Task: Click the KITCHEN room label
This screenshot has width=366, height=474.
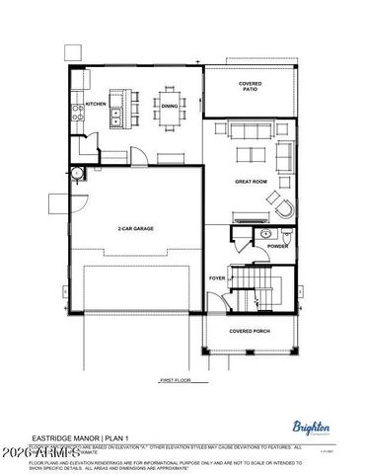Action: tap(96, 104)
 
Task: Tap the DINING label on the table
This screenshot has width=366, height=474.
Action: tap(170, 106)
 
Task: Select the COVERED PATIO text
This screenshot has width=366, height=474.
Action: tap(250, 87)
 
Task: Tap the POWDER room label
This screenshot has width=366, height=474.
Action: tap(277, 246)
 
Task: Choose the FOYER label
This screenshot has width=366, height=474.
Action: tap(217, 278)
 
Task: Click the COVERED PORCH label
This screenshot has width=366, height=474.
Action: tap(250, 331)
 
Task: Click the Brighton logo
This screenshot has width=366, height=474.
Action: tap(312, 427)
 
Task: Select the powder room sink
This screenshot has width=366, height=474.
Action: tap(265, 234)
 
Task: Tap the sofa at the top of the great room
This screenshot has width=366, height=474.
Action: tap(255, 129)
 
